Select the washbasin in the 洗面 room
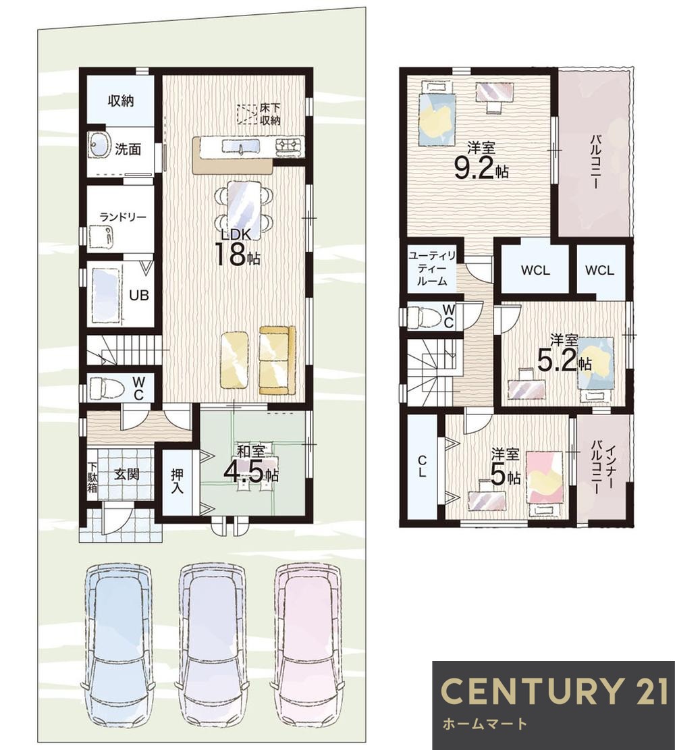pos(99,144)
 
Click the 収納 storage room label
pos(121,101)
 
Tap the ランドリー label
pos(123,217)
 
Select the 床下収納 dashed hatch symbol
pos(247,114)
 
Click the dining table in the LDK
pos(244,207)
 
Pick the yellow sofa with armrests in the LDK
pos(277,360)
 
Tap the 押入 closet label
pos(178,481)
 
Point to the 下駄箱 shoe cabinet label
pos(92,477)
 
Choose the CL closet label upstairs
pos(422,466)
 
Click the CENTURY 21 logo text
pos(554,691)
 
